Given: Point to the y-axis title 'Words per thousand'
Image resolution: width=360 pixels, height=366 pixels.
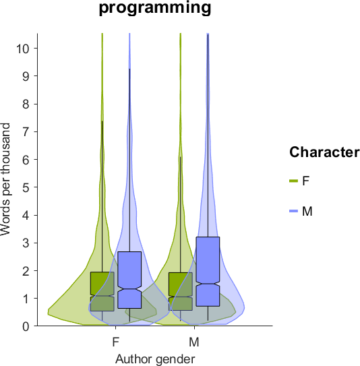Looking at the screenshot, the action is click(5, 179).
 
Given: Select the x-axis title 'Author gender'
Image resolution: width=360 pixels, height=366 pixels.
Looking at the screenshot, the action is click(155, 359).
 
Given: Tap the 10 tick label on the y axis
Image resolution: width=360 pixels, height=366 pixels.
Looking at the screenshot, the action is click(24, 49).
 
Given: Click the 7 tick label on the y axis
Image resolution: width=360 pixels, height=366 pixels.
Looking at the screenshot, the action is click(26, 131).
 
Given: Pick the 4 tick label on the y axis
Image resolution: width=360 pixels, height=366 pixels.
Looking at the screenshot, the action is click(26, 215).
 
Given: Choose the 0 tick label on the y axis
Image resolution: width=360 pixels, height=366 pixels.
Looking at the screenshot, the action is click(26, 326).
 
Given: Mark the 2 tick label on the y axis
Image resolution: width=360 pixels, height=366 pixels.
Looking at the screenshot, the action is click(26, 271).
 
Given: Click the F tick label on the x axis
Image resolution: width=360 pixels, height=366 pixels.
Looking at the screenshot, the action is click(115, 342).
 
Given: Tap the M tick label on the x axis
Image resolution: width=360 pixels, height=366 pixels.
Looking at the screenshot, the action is click(194, 342).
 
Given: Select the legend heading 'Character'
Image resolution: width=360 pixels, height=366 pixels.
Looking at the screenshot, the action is click(324, 152).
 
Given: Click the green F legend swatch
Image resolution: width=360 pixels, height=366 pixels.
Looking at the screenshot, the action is click(293, 181).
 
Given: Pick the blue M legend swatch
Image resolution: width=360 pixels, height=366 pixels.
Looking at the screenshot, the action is click(293, 211).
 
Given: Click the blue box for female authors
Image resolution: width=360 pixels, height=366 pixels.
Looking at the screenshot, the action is click(129, 280).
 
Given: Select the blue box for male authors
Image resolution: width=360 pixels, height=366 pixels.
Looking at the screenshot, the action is click(208, 272).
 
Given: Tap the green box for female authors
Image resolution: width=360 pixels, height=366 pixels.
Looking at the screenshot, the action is click(102, 291).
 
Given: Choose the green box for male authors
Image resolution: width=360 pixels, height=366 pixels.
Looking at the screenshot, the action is click(181, 291).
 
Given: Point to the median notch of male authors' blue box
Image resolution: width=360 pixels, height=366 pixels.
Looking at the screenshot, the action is click(208, 284).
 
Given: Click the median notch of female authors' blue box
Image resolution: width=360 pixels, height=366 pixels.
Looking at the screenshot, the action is click(129, 289).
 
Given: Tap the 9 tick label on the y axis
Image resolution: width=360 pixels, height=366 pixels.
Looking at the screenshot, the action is click(26, 76).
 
